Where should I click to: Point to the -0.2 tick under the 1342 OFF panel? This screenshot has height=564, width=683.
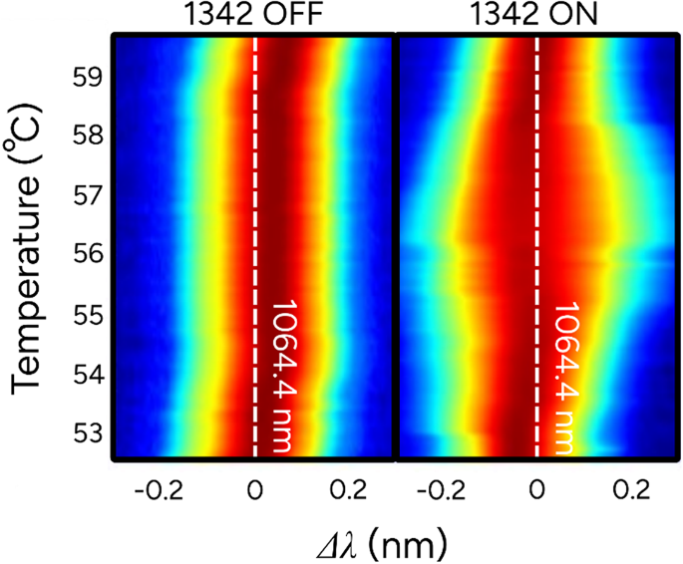[x=162, y=492]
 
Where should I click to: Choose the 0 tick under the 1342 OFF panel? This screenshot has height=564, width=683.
[x=255, y=492]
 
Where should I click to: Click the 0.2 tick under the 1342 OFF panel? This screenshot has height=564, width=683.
[x=349, y=492]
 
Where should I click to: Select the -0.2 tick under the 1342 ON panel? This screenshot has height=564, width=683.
[x=444, y=492]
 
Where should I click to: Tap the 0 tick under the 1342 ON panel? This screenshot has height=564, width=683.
[x=538, y=492]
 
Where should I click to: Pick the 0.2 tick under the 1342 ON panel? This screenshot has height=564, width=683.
[x=632, y=492]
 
